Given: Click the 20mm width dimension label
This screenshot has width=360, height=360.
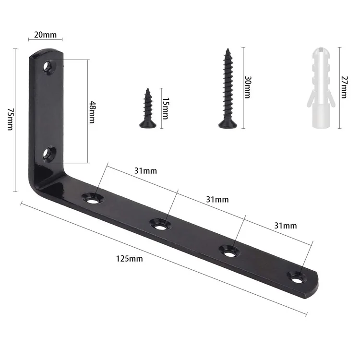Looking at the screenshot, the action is tap(45, 35).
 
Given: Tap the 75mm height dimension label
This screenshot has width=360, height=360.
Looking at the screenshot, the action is tap(11, 120).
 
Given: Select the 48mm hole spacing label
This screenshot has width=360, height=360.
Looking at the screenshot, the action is tap(92, 112).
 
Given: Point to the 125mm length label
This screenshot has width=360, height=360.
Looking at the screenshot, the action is tap(129, 259).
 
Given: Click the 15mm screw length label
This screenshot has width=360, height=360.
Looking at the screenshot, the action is tap(166, 108).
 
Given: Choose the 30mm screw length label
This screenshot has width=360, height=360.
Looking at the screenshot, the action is tap(248, 87).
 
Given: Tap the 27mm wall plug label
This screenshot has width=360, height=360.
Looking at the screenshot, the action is tap(344, 87).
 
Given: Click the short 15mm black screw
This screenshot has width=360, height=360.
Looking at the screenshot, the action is tap(148, 108).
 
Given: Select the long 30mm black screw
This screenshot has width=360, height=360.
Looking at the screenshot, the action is tap(228, 88).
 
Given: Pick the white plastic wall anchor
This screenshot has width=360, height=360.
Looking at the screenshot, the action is tap(322, 88).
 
